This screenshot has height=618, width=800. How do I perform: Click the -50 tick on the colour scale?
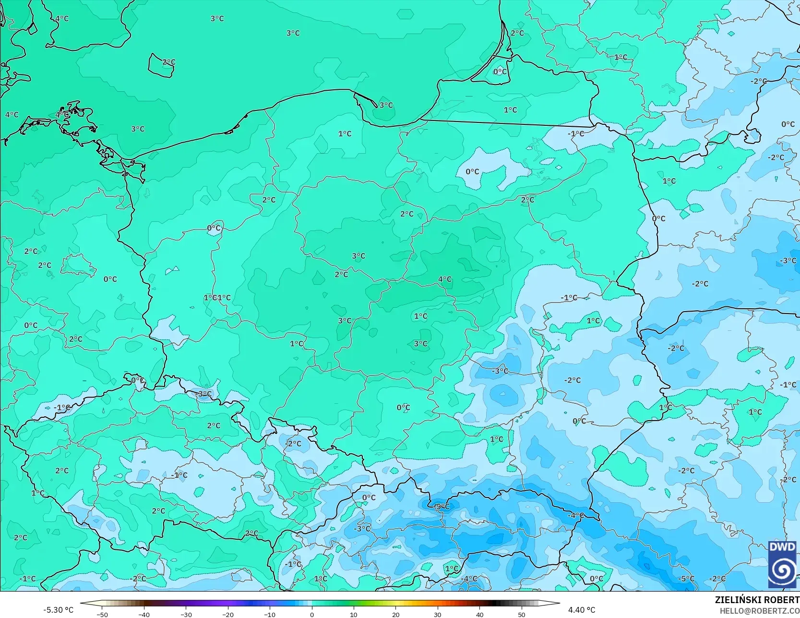tap(102, 614)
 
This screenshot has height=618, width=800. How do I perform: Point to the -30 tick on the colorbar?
tap(186, 614)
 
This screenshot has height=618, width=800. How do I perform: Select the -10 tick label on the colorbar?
tap(270, 614)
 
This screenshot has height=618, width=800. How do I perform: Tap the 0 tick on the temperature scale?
tap(312, 614)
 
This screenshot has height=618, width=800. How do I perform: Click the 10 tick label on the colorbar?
tap(354, 614)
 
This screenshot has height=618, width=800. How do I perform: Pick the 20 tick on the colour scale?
tap(395, 614)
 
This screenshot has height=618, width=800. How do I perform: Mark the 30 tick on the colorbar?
tap(438, 614)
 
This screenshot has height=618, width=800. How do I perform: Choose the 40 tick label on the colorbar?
tap(479, 614)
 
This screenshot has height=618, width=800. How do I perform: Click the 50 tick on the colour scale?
tap(522, 614)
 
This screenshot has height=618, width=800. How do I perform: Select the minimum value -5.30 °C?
tap(59, 610)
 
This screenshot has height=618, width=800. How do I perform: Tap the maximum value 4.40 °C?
tap(582, 610)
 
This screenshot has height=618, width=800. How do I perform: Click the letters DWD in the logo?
tap(782, 547)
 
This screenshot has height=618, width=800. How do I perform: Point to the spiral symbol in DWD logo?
tap(782, 570)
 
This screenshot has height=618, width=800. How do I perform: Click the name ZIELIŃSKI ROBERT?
tap(757, 600)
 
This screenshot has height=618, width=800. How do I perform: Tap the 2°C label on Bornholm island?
tap(169, 62)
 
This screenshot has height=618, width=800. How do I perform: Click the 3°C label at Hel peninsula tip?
tap(386, 105)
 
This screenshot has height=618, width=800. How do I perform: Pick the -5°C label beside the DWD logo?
tap(686, 579)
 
